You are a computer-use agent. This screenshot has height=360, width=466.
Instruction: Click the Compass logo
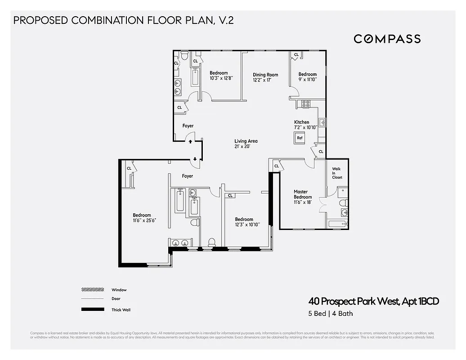[x=387, y=39]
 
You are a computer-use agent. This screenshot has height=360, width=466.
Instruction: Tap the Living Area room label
[x=246, y=144]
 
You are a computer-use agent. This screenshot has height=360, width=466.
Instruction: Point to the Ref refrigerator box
[x=300, y=138]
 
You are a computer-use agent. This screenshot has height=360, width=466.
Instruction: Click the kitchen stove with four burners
[x=305, y=103]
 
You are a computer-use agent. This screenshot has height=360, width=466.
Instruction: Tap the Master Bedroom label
[x=303, y=194]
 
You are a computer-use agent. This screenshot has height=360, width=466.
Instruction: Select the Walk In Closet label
[x=336, y=173]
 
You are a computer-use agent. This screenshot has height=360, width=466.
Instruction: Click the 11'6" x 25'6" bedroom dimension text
[x=142, y=221]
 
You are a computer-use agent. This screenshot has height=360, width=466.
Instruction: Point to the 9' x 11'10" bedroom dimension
[x=308, y=80]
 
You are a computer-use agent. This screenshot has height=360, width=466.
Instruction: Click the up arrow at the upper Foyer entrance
[x=190, y=141]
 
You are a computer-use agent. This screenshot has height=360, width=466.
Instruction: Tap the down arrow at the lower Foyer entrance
[x=195, y=158]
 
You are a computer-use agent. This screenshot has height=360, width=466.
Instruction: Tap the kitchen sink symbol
[x=322, y=121]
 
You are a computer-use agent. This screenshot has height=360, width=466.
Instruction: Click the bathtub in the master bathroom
[x=338, y=224]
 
